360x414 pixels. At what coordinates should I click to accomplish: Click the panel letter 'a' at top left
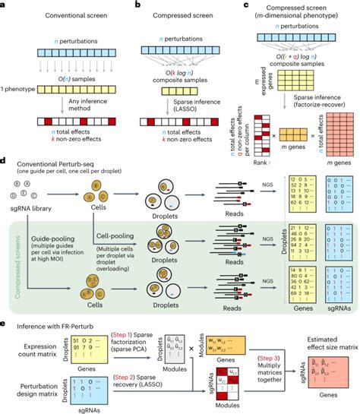coord(4,5)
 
